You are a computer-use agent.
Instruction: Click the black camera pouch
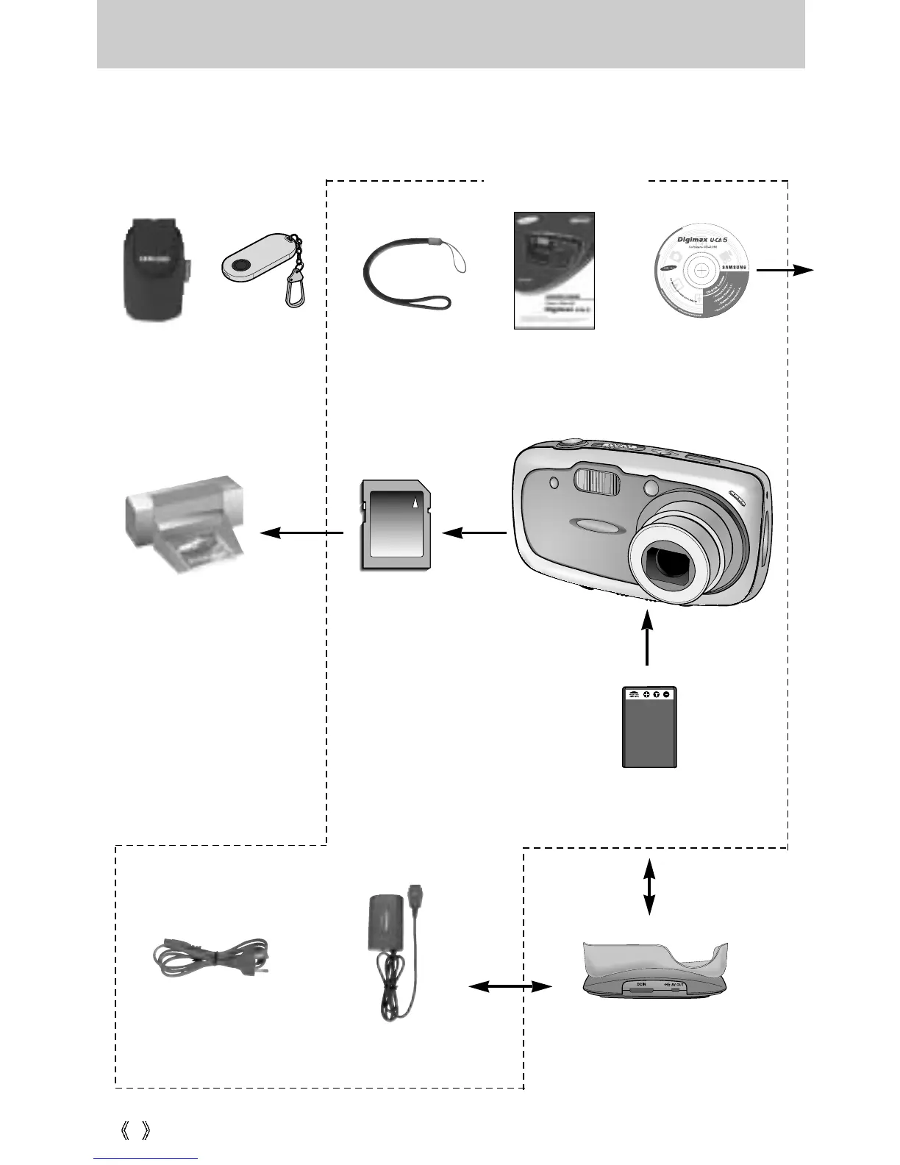coord(154,268)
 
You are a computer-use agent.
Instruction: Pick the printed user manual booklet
coord(554,270)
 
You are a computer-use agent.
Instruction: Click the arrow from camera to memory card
coord(474,532)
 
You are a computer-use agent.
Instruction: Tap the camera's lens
coord(668,566)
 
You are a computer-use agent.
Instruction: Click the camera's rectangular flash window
coord(597,482)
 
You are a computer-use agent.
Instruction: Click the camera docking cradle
coord(654,969)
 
